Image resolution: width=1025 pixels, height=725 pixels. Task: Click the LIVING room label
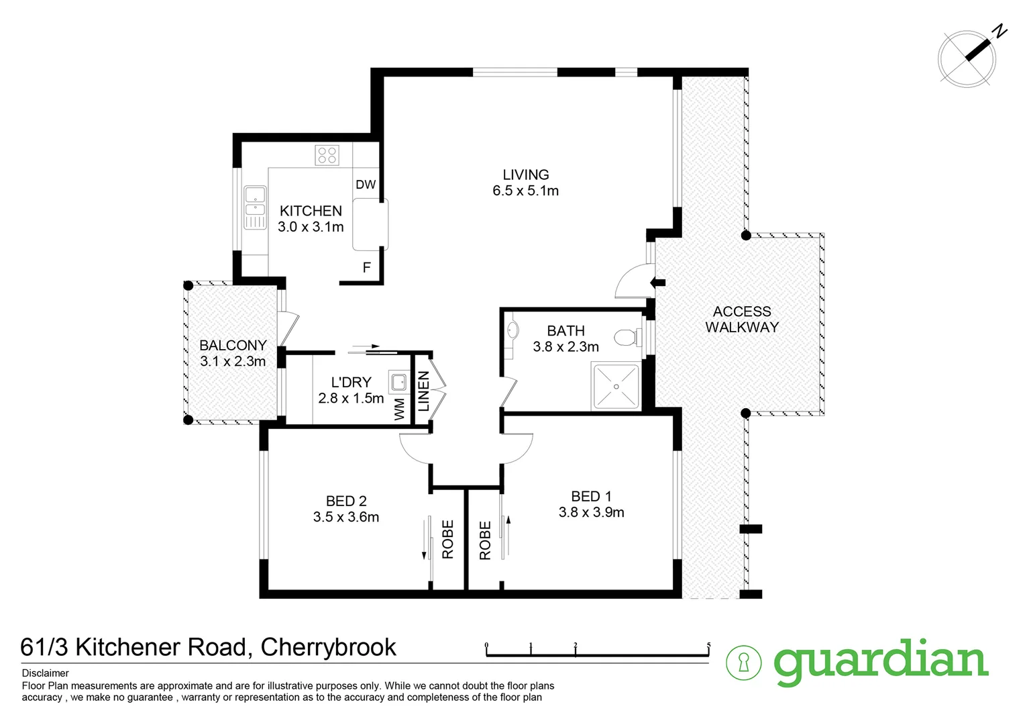(x=526, y=175)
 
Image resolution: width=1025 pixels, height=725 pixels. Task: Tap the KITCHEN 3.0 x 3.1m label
(x=311, y=219)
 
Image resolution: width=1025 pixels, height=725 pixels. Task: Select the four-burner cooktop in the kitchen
(x=327, y=155)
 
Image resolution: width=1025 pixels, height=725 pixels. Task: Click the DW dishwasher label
(x=366, y=185)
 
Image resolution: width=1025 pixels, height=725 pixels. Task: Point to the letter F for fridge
(x=367, y=268)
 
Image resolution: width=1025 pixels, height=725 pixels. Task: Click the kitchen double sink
(x=255, y=207)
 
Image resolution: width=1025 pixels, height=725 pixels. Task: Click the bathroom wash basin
(x=513, y=330)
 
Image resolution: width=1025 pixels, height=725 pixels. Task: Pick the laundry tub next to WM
(x=398, y=383)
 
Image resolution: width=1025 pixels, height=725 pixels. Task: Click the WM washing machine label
(x=400, y=409)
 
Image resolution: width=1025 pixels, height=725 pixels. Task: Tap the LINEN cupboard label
(x=423, y=391)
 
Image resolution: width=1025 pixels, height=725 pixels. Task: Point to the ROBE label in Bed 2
(x=448, y=540)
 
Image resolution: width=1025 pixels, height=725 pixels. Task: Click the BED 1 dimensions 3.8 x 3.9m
(x=591, y=513)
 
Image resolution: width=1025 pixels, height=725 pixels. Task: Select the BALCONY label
(x=233, y=346)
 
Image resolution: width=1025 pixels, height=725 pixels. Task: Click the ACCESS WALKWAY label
(x=742, y=320)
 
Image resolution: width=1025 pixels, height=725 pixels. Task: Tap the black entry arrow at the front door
(x=657, y=283)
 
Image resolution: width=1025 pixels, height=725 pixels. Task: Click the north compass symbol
(x=967, y=58)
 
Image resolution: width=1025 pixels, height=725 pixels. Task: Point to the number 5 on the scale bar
(x=708, y=646)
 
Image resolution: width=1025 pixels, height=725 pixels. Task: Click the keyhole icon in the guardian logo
(x=744, y=663)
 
